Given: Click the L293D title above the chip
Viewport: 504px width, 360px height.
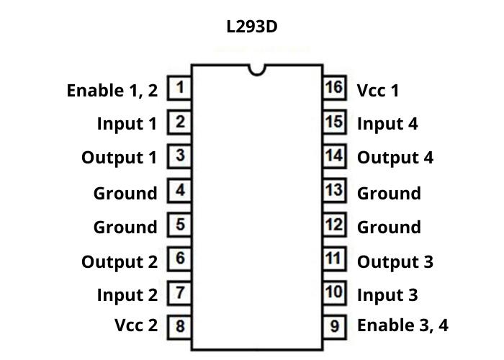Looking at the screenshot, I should (251, 27).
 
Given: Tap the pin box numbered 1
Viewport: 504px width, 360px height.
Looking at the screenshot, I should (179, 89).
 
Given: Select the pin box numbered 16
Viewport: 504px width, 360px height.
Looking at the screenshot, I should (333, 88).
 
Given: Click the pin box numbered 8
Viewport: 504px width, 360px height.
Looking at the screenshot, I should (179, 326).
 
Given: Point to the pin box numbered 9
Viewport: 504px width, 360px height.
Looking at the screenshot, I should (334, 326).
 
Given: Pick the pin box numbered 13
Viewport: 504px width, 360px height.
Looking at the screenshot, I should (333, 190).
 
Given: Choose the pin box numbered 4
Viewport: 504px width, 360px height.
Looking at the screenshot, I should (179, 191).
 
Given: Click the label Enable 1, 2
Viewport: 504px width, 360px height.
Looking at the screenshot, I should (112, 91).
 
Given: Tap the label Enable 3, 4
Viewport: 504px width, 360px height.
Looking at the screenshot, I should (402, 325).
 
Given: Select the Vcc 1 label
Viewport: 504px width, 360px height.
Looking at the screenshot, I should (378, 91).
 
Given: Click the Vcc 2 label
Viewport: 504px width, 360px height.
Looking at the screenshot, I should (135, 325).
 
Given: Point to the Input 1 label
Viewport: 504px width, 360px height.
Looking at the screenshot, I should (127, 124).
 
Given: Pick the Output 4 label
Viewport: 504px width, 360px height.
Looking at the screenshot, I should (395, 158).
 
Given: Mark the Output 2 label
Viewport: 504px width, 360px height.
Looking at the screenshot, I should (119, 262).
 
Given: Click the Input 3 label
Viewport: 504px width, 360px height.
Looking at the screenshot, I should (387, 295).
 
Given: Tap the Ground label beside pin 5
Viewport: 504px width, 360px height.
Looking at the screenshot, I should (125, 228).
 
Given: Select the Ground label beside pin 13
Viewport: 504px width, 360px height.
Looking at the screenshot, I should (389, 194).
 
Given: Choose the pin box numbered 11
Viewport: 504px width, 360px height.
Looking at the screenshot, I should (333, 258).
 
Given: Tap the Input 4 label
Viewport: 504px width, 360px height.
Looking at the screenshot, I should (387, 124).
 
